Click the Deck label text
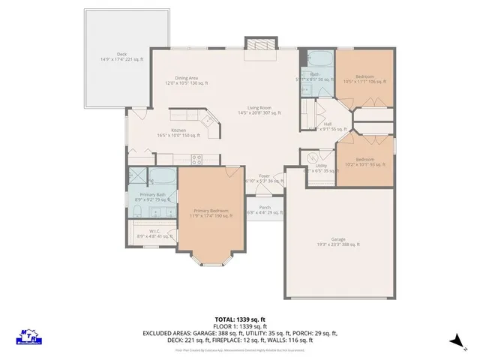109,57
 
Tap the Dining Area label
186,79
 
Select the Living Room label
259,109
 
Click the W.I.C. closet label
153,233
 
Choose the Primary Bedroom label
210,214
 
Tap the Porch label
265,209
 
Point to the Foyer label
264,178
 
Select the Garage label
338,241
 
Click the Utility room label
319,167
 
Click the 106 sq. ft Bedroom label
364,79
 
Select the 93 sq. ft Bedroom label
364,161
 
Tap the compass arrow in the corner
454,341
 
